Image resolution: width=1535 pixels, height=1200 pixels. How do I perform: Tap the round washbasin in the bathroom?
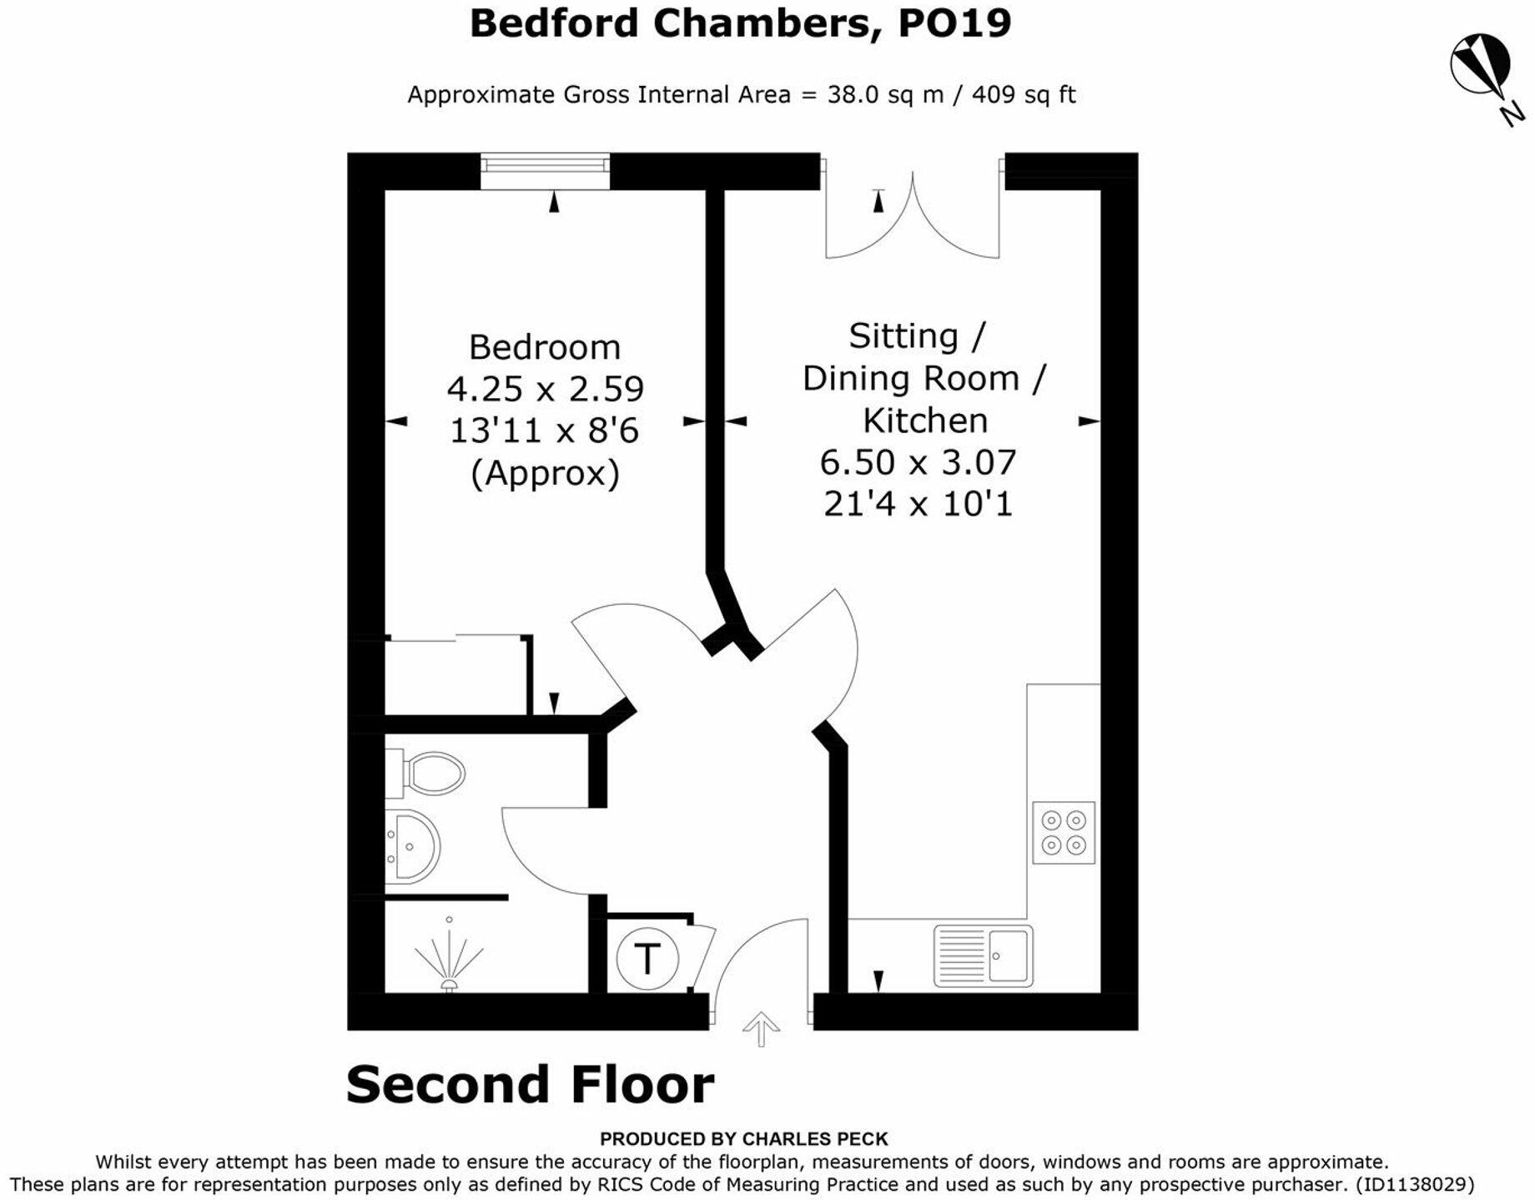tap(413, 846)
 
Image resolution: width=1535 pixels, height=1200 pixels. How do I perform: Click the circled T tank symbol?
tap(647, 958)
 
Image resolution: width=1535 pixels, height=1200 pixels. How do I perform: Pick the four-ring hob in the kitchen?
tap(1064, 833)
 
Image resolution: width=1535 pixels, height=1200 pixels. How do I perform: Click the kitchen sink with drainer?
tap(983, 955)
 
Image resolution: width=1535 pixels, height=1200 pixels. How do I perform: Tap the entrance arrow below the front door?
tap(761, 1028)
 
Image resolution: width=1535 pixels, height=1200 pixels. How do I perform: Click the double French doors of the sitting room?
tap(912, 217)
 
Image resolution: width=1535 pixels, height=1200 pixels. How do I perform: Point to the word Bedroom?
tap(544, 347)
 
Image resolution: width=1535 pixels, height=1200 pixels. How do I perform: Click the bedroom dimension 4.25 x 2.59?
tap(545, 389)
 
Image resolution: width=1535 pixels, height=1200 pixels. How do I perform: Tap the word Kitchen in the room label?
tap(924, 421)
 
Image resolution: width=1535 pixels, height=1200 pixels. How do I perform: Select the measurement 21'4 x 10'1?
tap(918, 504)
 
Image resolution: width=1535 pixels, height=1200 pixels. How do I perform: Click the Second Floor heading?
tap(530, 1084)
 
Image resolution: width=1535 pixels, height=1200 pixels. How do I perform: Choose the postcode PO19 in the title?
tap(954, 23)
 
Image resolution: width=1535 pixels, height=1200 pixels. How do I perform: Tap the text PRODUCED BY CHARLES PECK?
tap(743, 1139)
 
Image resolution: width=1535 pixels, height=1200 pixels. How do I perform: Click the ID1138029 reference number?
tap(1415, 1184)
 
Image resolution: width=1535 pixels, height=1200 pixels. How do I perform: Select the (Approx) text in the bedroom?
tap(545, 473)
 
